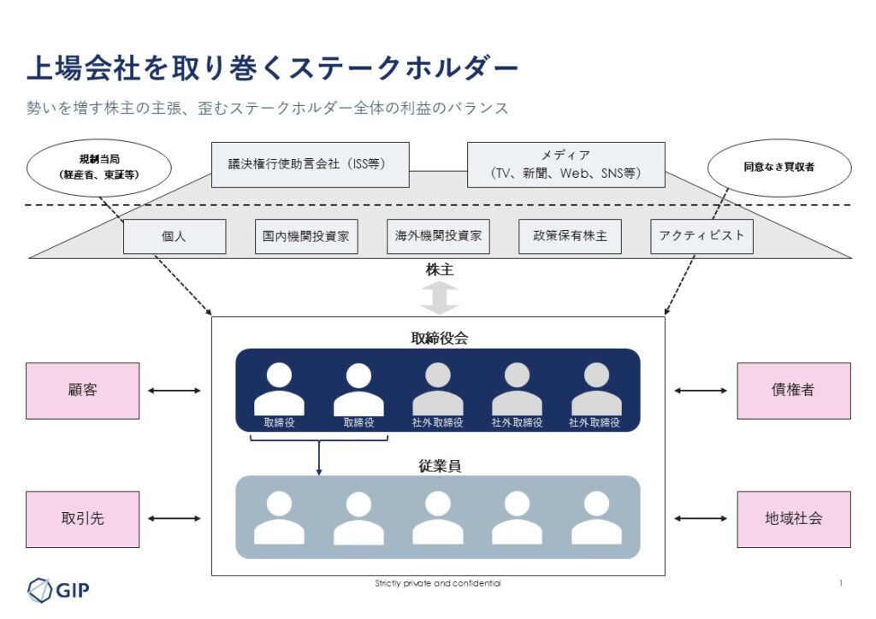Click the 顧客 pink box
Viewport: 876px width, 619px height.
click(x=82, y=391)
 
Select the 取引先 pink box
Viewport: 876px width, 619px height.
click(x=82, y=519)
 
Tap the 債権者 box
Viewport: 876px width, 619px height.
click(x=794, y=391)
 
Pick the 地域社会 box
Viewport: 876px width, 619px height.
click(x=794, y=519)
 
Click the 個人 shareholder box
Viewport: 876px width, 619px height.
click(x=175, y=237)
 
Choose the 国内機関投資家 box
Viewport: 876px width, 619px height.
click(x=306, y=237)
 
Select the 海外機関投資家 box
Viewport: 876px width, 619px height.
click(x=438, y=237)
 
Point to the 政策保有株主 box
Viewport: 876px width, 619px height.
click(x=570, y=237)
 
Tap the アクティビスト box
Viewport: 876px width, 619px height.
click(x=701, y=237)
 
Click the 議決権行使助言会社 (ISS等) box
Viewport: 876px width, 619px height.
click(x=310, y=165)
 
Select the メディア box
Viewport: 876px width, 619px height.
click(x=565, y=165)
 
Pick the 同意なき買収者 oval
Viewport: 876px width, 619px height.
click(x=778, y=168)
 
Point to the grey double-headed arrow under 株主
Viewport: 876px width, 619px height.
click(x=439, y=298)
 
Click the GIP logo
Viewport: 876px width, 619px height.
click(x=58, y=589)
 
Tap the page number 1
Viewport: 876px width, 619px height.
click(x=841, y=583)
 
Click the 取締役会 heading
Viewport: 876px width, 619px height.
click(x=439, y=338)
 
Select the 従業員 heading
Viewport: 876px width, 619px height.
click(x=439, y=466)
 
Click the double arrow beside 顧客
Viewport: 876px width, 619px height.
click(x=175, y=391)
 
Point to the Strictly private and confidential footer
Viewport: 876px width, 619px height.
click(x=438, y=583)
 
